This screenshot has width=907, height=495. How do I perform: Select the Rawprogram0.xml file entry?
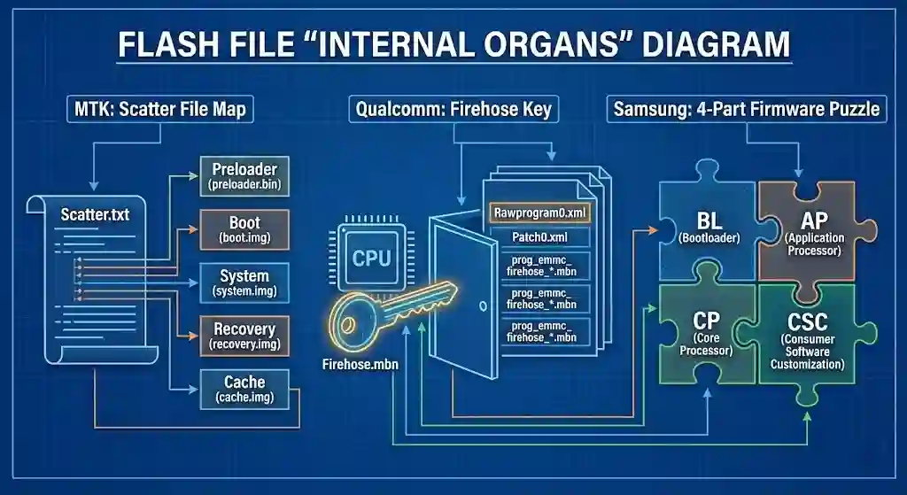[x=539, y=213]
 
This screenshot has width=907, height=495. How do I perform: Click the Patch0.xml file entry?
[x=539, y=237]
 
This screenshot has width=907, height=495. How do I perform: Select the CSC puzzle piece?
[x=808, y=336]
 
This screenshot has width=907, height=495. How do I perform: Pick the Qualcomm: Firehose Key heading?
[x=453, y=110]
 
